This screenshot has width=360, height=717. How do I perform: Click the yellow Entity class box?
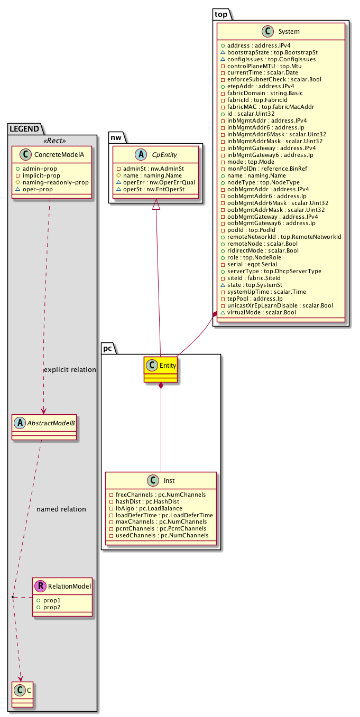[x=160, y=369]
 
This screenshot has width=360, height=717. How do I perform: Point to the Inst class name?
[x=169, y=481]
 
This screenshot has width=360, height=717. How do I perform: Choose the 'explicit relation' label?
[x=69, y=369]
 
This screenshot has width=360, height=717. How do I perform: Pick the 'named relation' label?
[x=61, y=509]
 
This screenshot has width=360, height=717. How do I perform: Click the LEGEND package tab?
[x=24, y=128]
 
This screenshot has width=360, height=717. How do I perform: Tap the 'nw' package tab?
[x=117, y=137]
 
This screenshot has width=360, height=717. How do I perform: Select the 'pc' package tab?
[x=108, y=348]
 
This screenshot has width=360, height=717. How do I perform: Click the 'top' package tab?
[x=220, y=14]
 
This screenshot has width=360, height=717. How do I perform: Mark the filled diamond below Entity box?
[x=161, y=386]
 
